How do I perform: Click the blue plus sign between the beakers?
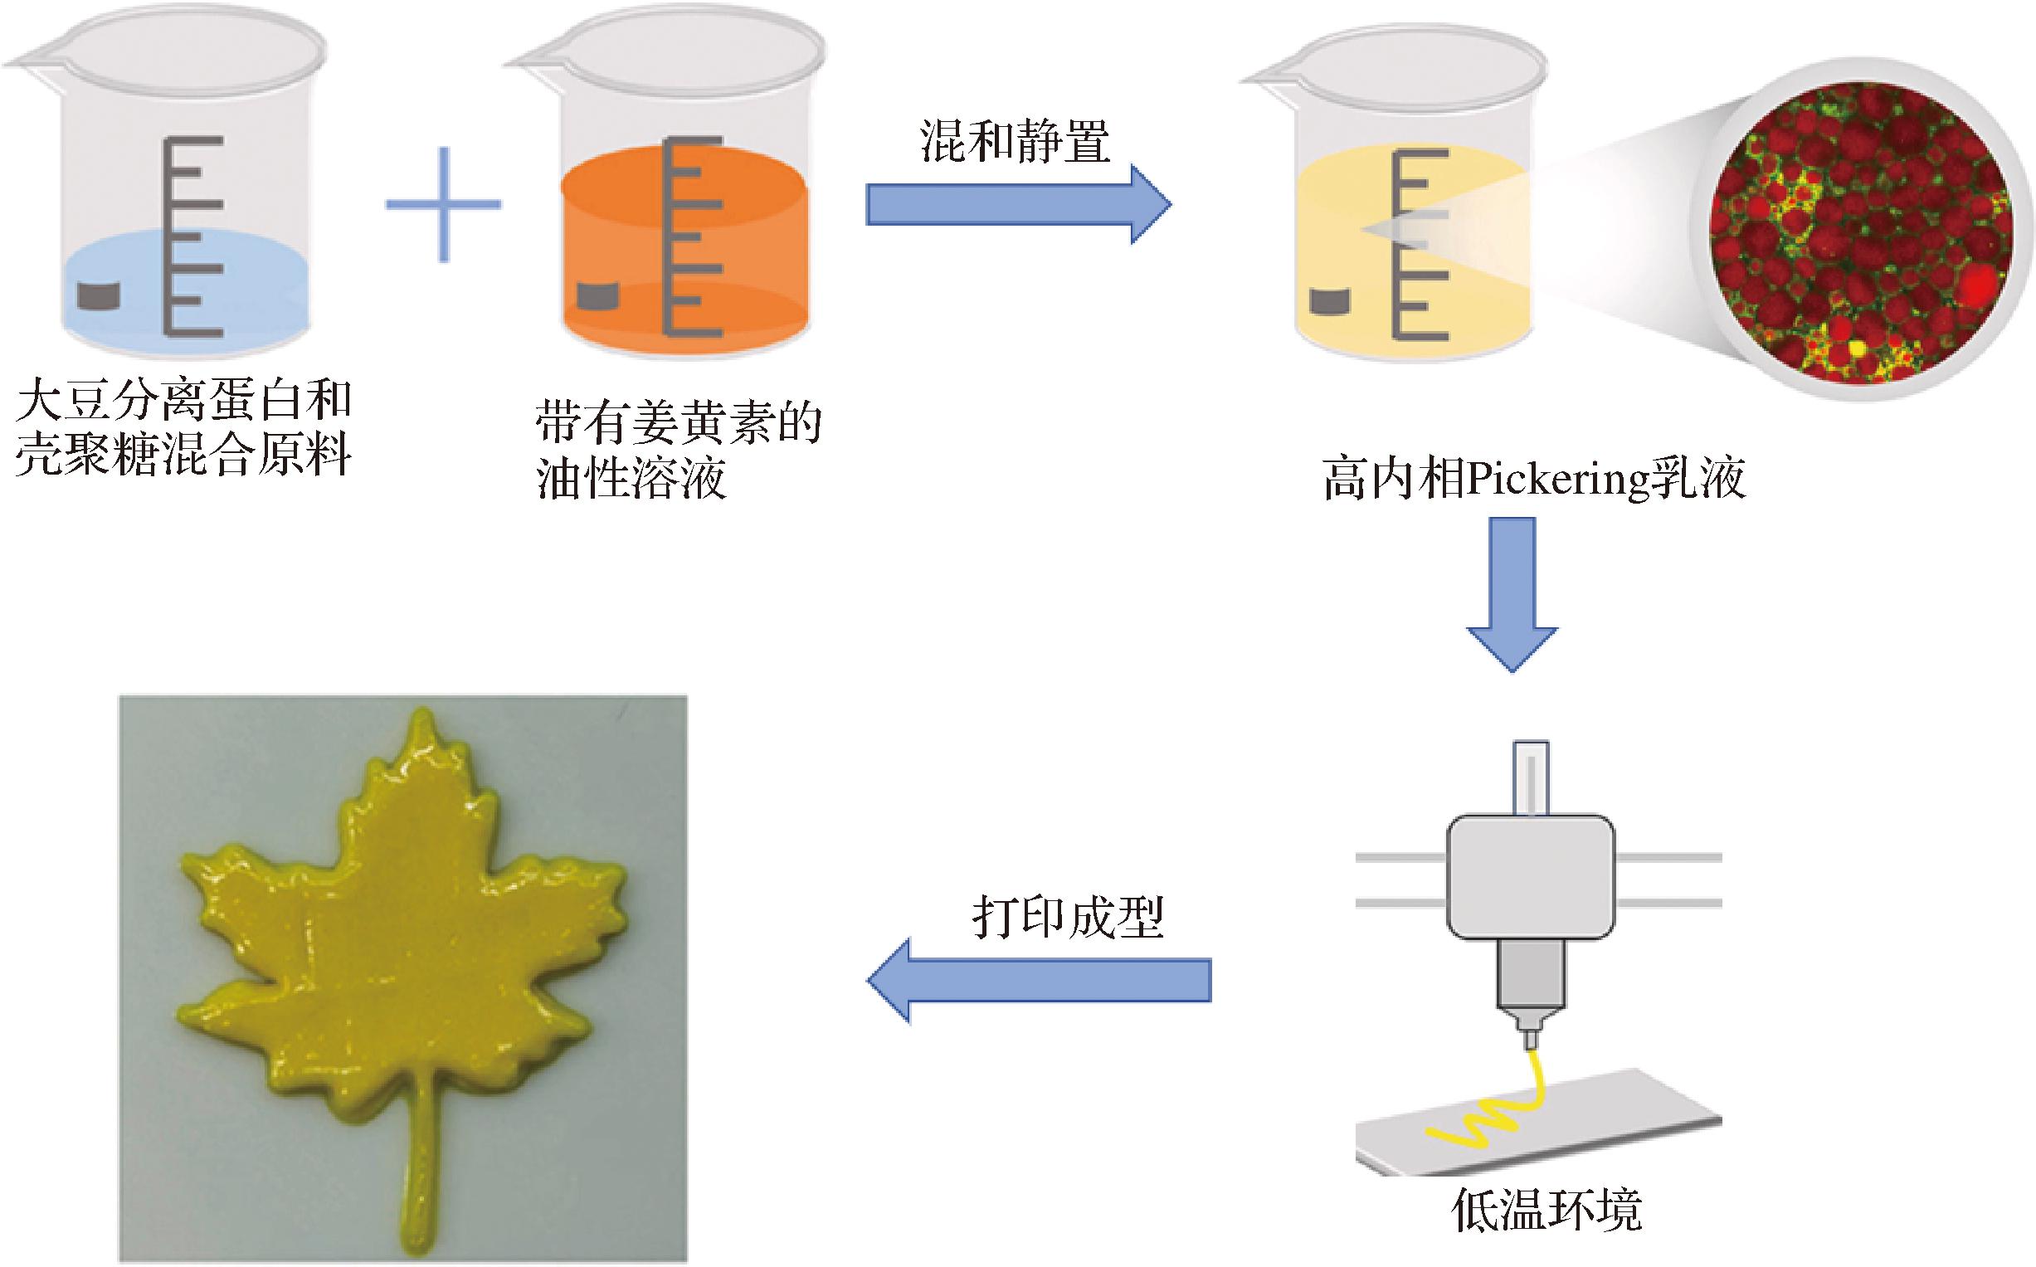[443, 203]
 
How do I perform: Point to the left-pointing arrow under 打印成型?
[1039, 981]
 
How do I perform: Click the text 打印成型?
[1069, 919]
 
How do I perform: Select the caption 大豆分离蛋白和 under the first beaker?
[184, 401]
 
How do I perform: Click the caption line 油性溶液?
[631, 480]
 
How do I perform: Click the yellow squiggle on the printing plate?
[1500, 1118]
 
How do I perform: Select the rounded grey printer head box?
[1531, 875]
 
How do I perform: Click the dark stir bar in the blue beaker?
[99, 295]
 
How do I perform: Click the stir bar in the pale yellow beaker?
[1331, 302]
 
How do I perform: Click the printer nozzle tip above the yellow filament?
[1530, 1039]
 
